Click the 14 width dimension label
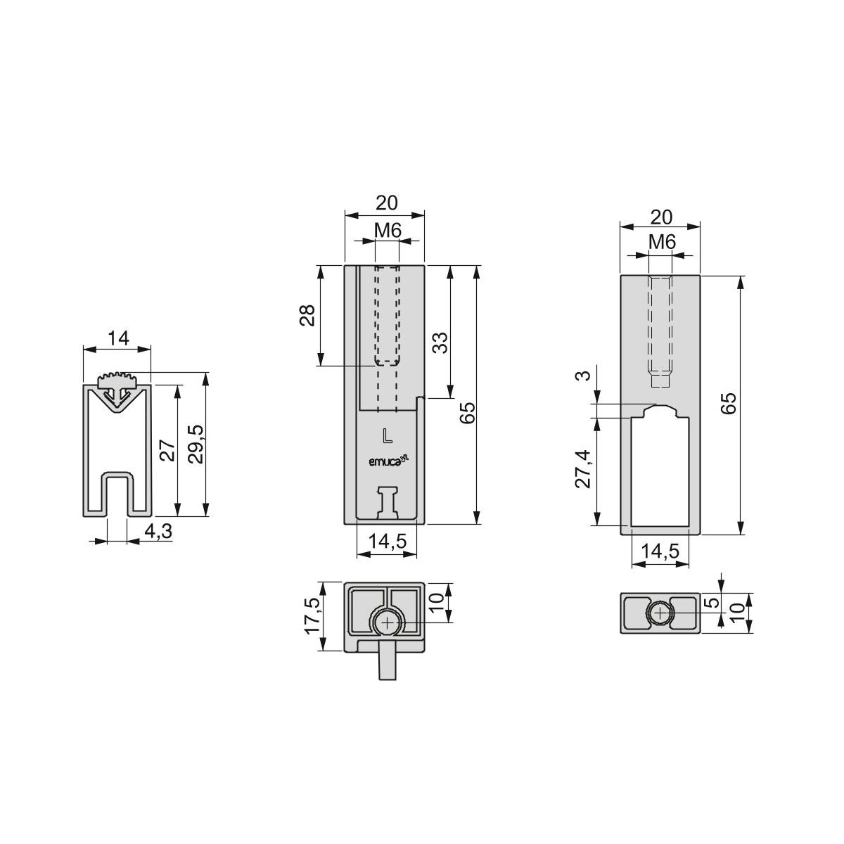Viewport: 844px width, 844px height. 118,338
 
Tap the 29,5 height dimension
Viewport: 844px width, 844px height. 196,444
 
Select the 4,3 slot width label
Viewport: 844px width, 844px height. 158,531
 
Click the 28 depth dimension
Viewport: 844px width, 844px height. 307,315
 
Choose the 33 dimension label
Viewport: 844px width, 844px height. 440,343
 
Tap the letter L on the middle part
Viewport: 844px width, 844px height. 387,436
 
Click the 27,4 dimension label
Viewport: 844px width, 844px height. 583,469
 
